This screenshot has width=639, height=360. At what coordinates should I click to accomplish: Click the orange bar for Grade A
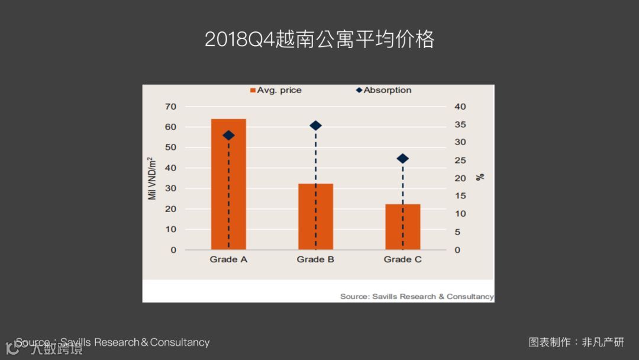(x=228, y=184)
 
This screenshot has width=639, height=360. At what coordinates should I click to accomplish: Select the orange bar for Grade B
(x=315, y=217)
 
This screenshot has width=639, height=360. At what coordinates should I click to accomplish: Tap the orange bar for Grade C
(x=403, y=227)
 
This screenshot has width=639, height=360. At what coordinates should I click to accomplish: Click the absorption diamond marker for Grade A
(x=228, y=136)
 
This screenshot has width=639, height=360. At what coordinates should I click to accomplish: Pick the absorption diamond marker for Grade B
(x=315, y=126)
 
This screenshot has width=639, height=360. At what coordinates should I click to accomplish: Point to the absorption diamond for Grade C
(x=403, y=159)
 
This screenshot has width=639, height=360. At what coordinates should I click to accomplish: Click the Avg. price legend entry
(x=276, y=91)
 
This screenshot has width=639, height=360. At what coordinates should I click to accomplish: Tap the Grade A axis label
(x=228, y=259)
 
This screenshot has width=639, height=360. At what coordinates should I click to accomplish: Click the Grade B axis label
(x=315, y=259)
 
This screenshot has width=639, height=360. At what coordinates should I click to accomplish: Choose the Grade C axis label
(x=402, y=259)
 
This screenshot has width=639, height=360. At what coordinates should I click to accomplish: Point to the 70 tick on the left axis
(x=170, y=107)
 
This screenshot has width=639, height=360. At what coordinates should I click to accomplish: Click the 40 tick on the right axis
(x=460, y=107)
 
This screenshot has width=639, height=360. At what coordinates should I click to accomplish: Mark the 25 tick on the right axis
(x=460, y=160)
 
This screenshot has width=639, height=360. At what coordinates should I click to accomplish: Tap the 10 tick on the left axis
(x=170, y=229)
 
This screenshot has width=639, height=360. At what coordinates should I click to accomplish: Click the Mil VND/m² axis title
(x=152, y=178)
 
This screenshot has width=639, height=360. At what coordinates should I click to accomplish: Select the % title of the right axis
(x=480, y=176)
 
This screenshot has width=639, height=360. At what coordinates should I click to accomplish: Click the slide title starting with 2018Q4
(x=319, y=39)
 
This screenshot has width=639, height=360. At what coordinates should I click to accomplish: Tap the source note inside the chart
(x=417, y=296)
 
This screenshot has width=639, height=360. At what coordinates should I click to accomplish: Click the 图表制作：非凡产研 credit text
(x=576, y=342)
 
